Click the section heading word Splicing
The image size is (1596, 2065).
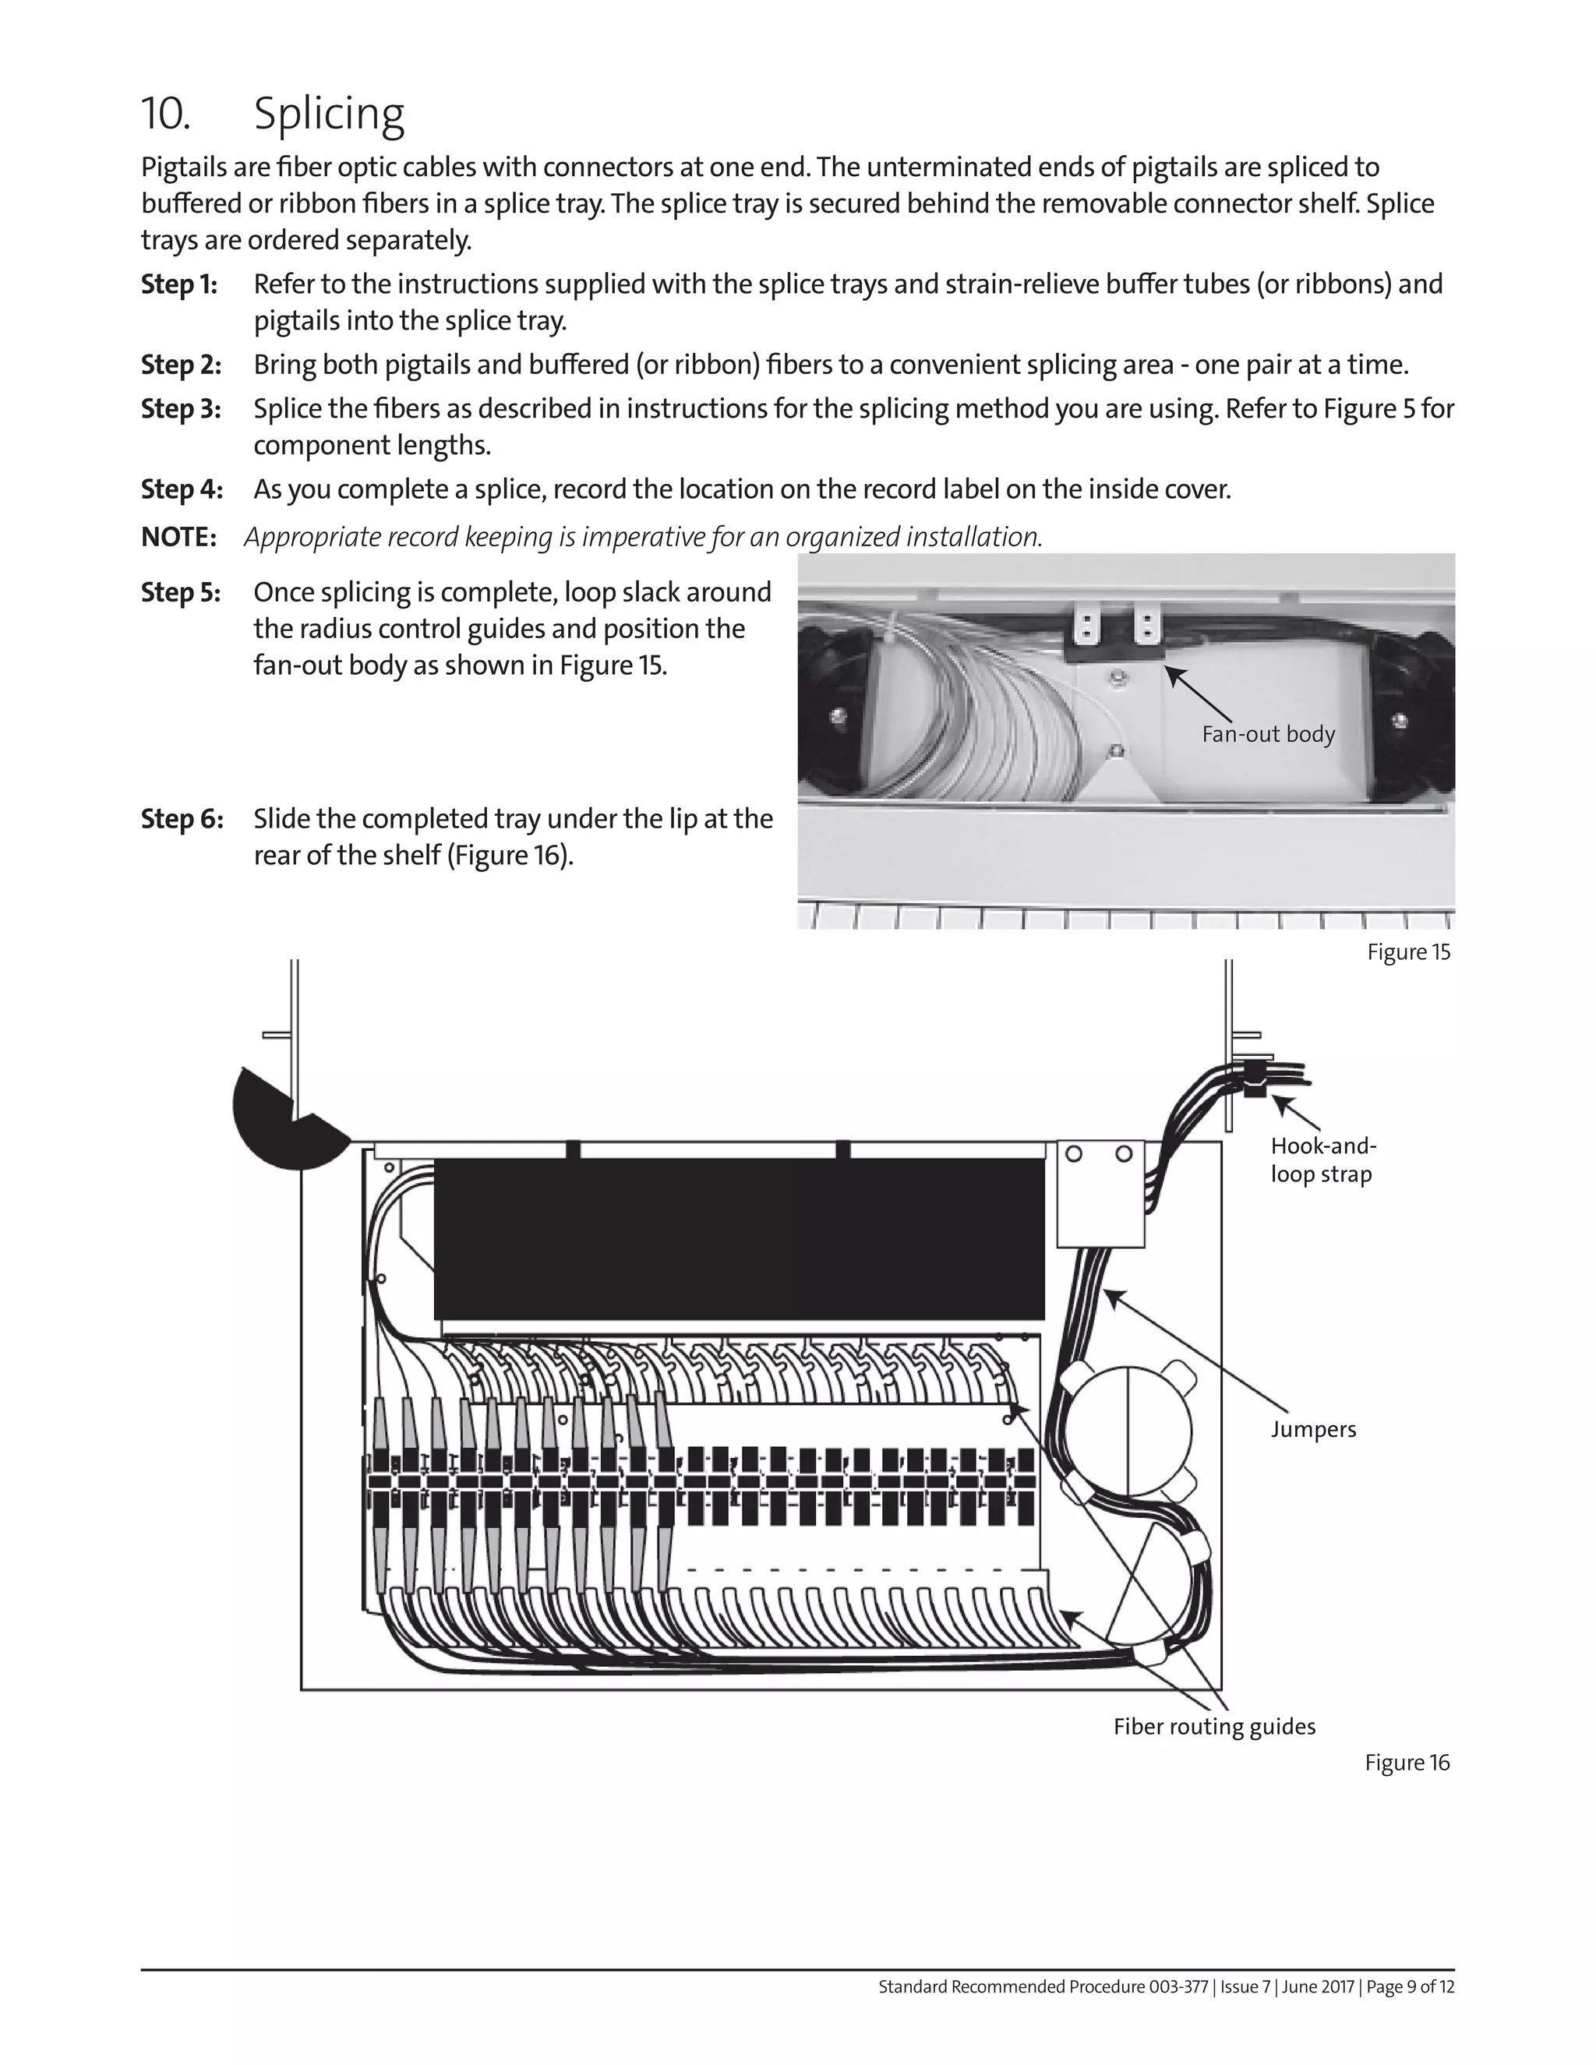click(x=328, y=115)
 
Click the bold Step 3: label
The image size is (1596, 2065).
click(x=181, y=409)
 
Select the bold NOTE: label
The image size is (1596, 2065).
click(x=178, y=538)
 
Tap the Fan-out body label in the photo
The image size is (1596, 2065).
click(x=1268, y=734)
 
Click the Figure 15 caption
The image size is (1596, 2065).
click(x=1408, y=952)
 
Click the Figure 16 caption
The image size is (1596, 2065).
click(x=1406, y=1763)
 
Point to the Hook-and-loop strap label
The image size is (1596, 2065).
click(x=1322, y=1160)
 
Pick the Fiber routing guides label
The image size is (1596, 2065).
click(x=1214, y=1728)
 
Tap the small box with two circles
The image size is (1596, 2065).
click(x=1100, y=1193)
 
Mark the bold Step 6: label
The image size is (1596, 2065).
click(x=182, y=819)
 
